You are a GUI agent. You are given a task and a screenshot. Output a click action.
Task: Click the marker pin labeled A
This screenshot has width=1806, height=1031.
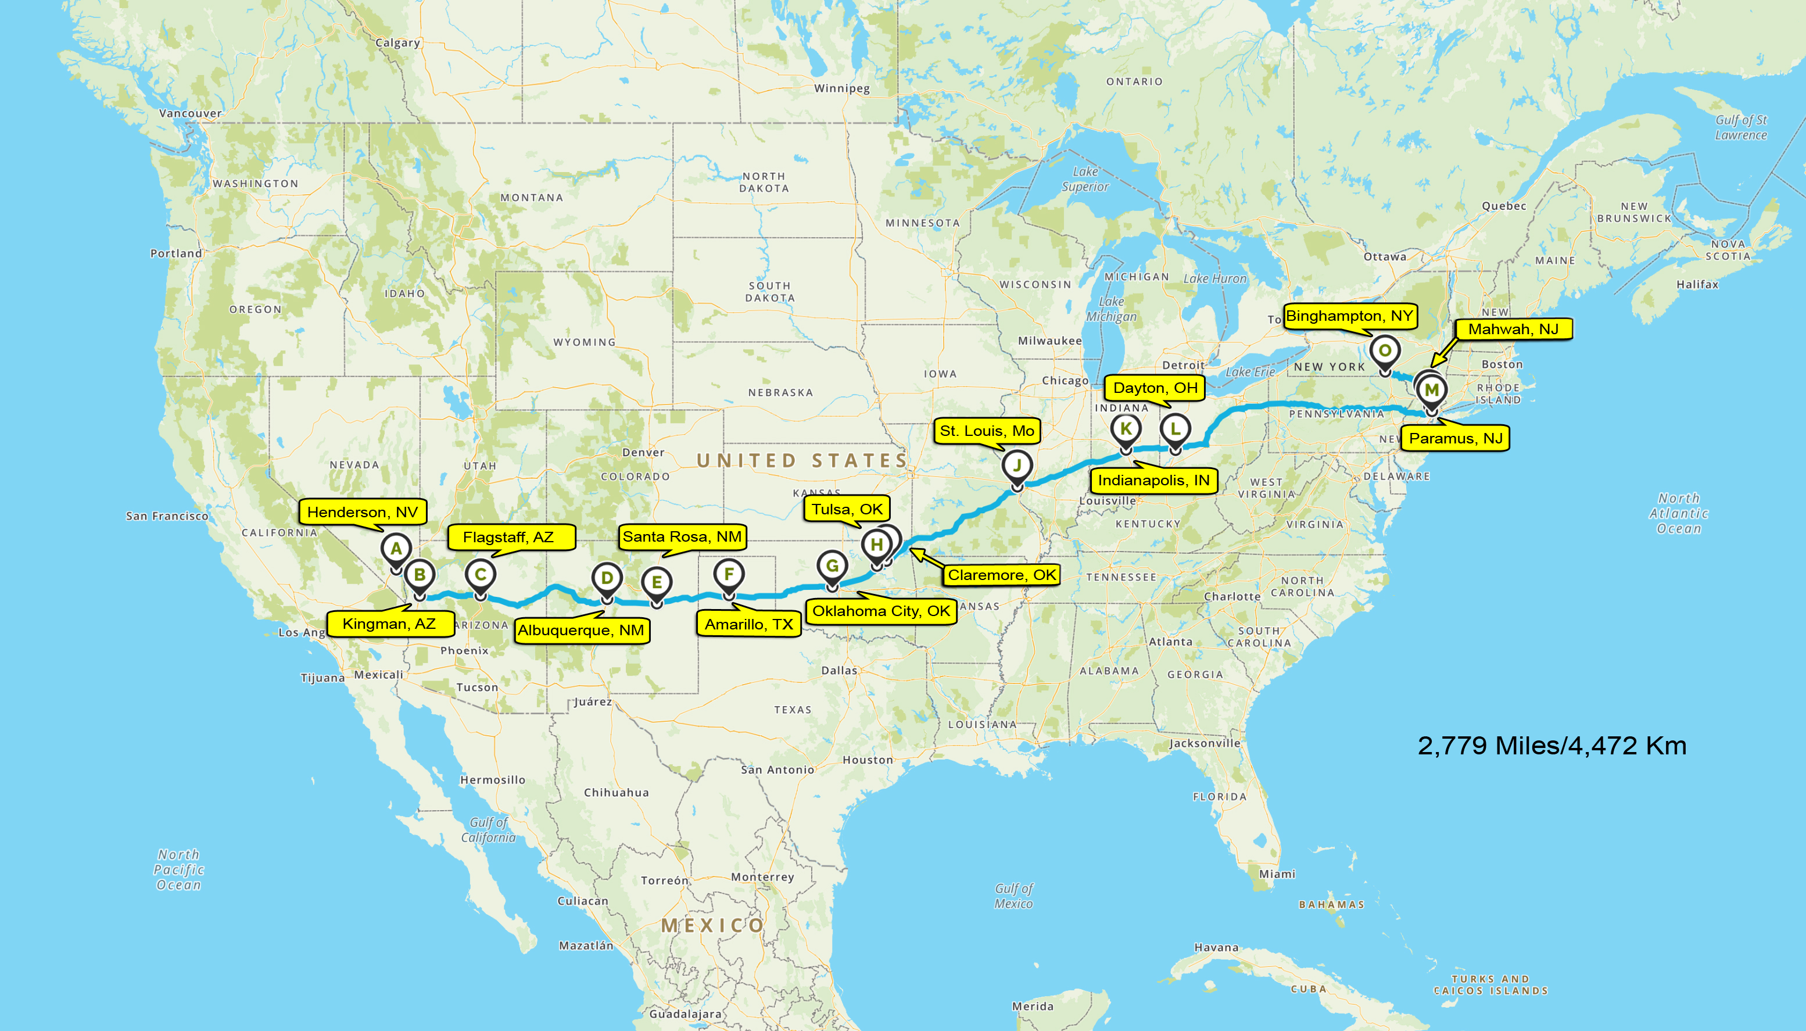coord(396,549)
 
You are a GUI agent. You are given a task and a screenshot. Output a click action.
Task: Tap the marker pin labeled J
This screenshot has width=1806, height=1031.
coord(1017,466)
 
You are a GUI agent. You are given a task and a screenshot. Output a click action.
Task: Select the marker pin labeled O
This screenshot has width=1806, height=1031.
coord(1385,351)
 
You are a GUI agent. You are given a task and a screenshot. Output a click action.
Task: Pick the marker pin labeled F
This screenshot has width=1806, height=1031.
coord(729,574)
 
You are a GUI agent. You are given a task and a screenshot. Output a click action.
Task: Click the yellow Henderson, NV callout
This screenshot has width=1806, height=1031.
coord(363,512)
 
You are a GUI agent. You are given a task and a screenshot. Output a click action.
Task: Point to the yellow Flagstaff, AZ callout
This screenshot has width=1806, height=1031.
coord(509,538)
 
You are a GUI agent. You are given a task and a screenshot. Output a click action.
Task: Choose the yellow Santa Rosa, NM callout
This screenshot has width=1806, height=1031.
coord(682,537)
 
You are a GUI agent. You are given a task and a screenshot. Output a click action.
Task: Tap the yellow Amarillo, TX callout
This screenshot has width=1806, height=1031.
coord(748,624)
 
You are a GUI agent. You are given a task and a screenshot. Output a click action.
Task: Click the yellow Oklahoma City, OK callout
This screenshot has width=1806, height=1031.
coord(881,611)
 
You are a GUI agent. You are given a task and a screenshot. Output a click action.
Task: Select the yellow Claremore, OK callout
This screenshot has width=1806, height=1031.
coord(1001,575)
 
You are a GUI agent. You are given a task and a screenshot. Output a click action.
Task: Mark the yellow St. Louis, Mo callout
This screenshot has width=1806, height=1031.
coord(987,431)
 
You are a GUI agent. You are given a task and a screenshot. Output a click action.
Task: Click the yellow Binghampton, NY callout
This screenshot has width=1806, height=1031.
coord(1349,316)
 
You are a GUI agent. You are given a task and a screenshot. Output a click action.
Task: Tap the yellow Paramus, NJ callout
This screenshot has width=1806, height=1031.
coord(1456,438)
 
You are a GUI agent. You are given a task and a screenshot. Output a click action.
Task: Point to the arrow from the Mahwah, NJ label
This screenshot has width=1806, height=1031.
coord(1444,352)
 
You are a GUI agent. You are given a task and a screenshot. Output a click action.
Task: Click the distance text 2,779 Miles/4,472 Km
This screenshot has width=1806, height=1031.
coord(1552,746)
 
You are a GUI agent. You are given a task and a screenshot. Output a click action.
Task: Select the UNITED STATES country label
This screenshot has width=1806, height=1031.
coord(802,461)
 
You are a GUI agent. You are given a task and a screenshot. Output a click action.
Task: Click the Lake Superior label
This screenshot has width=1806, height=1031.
coord(1085,179)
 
